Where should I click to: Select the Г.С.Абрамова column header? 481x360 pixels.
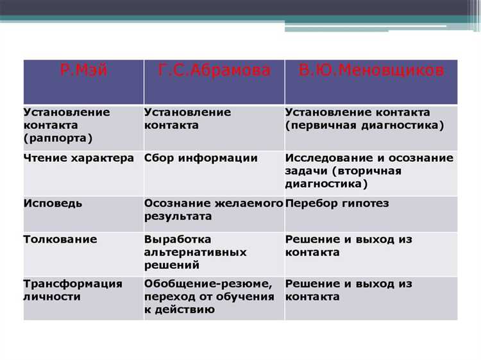coord(214,70)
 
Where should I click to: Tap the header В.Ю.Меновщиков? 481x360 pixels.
coord(371,70)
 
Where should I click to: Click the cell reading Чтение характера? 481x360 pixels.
coord(79,158)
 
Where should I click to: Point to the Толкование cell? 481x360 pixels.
coord(60,239)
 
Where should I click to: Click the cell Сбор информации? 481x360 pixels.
coord(201,158)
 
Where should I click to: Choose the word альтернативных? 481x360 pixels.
coord(196,252)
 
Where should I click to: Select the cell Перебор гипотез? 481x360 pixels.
coord(337,203)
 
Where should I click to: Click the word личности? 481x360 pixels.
coord(52,297)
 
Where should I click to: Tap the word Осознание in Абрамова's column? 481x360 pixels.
coord(174,203)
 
